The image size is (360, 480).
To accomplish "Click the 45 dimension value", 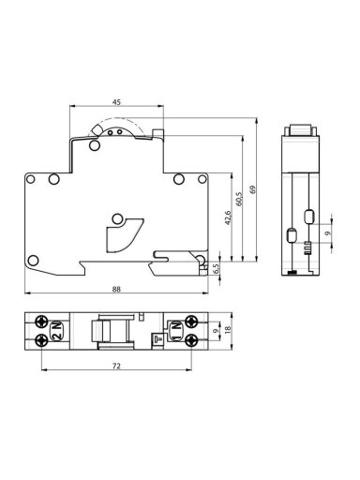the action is click(116, 102).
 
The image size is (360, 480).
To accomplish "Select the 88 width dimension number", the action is click(116, 289).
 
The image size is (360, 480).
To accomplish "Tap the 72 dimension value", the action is click(116, 366).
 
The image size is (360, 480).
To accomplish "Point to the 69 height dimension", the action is click(252, 189).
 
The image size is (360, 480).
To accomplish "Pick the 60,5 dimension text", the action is click(239, 199).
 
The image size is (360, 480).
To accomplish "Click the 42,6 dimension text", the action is click(228, 217).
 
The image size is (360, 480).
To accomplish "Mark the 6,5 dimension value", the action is click(217, 268).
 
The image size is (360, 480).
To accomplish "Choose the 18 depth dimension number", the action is click(228, 329).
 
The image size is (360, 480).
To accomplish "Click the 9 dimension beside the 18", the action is click(215, 331).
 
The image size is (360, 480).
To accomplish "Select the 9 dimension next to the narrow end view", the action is click(327, 233).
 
